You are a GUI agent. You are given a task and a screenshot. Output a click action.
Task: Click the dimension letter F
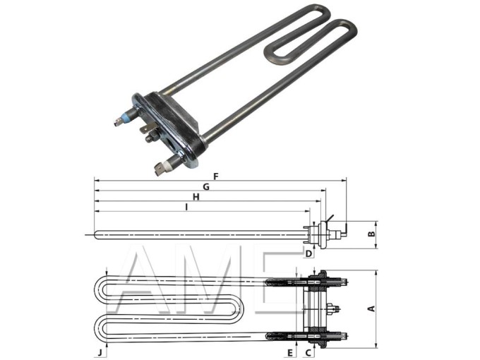pyautogui.click(x=216, y=176)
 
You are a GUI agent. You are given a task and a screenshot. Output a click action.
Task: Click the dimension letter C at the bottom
pyautogui.click(x=308, y=350)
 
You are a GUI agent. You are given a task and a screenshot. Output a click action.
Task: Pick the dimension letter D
pyautogui.click(x=308, y=253)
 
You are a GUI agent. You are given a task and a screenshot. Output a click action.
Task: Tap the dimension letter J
pyautogui.click(x=100, y=350)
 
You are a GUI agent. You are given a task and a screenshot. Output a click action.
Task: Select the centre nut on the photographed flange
pyautogui.click(x=150, y=138)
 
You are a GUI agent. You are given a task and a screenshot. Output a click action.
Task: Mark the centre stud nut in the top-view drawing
pyautogui.click(x=334, y=308)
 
